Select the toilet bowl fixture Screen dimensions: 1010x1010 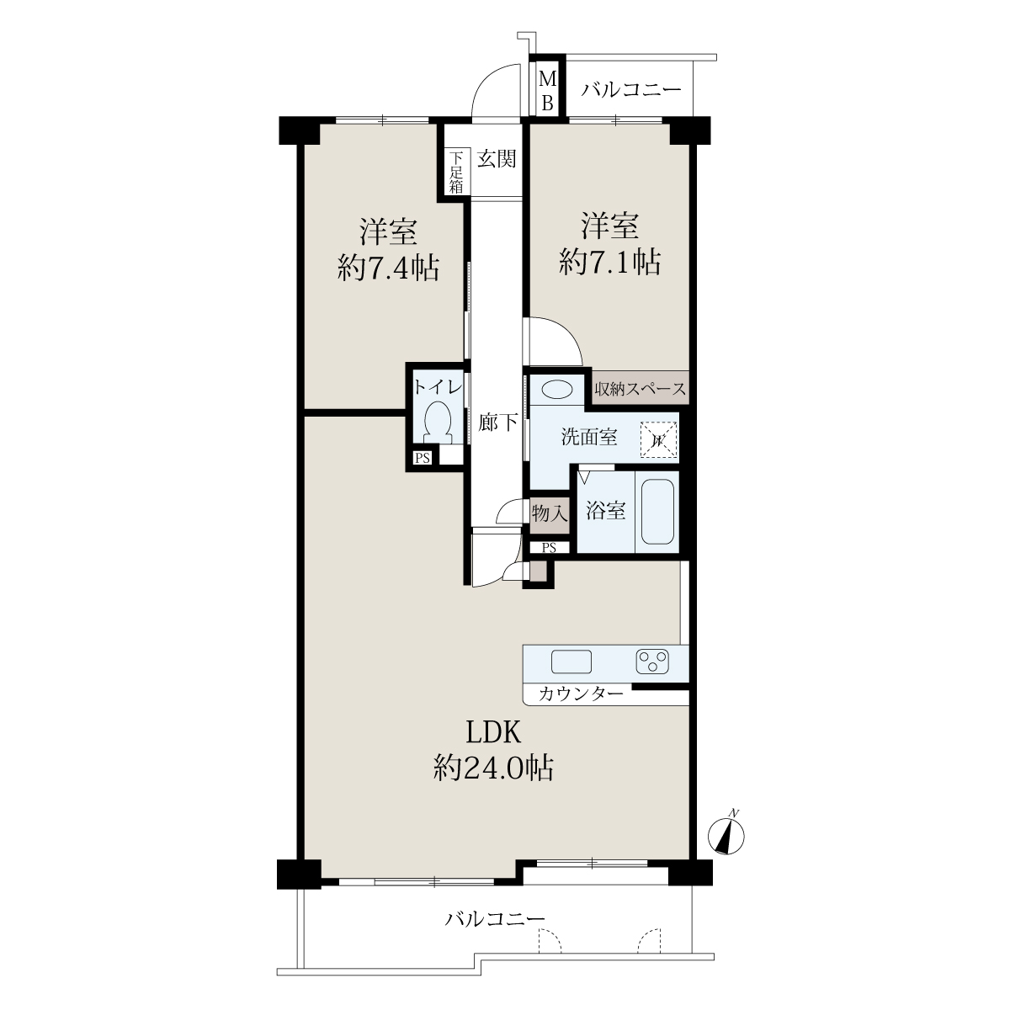click(438, 422)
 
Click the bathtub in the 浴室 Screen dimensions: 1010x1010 click(656, 512)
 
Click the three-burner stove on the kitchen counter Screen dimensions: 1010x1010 click(652, 661)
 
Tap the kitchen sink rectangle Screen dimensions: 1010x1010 click(571, 661)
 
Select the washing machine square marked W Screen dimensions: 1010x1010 click(658, 439)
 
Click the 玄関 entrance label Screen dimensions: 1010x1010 click(497, 158)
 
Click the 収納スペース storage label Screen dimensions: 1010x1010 click(640, 389)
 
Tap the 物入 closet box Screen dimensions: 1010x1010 click(550, 515)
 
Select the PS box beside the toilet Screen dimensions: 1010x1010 click(423, 458)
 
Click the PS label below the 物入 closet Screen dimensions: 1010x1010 click(549, 548)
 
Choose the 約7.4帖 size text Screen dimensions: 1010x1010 click(388, 268)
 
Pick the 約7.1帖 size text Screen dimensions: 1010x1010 click(609, 262)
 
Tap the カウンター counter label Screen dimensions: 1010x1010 click(581, 694)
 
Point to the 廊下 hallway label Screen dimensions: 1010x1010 click(498, 422)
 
